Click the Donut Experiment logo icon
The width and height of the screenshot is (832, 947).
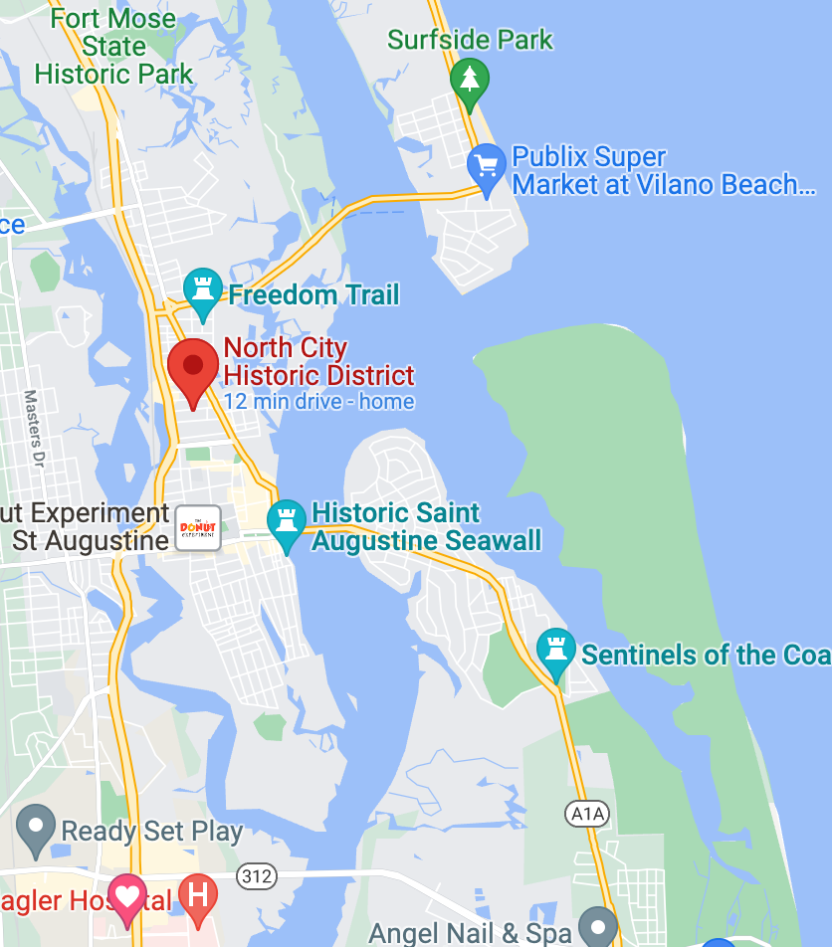coord(198,527)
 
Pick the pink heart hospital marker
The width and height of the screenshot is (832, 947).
coord(126,897)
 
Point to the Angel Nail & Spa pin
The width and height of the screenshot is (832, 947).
coord(598,926)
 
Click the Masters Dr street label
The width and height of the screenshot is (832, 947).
coord(35,428)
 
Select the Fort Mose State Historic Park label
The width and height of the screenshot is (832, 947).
coord(113,47)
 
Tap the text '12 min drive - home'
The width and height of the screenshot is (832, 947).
coord(318,402)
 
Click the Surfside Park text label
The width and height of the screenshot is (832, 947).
coord(470,41)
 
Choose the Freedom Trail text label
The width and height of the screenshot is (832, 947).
coord(313,294)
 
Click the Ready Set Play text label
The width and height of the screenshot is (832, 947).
coord(152,832)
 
